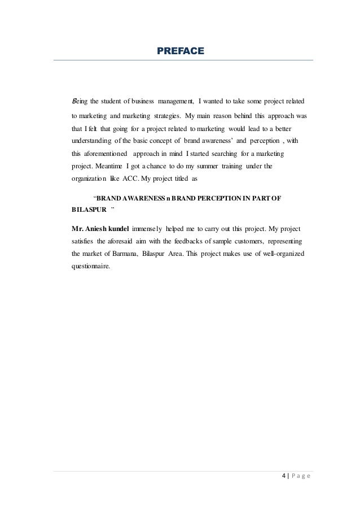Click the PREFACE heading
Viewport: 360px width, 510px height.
180,52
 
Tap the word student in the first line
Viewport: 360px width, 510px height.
111,102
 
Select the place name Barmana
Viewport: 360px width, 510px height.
120,254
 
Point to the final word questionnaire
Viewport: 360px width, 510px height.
88,267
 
